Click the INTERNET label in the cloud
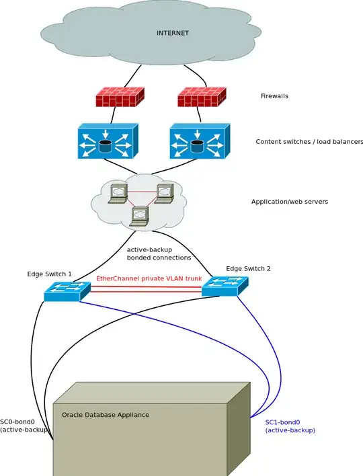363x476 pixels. click(173, 32)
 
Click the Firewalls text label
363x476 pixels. click(274, 96)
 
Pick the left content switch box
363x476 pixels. click(108, 141)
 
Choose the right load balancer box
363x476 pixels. click(200, 141)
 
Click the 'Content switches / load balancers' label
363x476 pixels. click(309, 142)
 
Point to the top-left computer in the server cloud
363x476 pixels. click(119, 192)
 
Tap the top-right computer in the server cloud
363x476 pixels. click(164, 192)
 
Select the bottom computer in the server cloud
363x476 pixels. click(139, 215)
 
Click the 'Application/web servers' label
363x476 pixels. click(289, 202)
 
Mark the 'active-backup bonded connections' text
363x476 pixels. click(159, 253)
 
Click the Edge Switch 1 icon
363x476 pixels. click(67, 290)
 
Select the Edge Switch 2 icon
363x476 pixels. click(225, 286)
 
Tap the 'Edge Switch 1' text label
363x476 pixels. click(49, 274)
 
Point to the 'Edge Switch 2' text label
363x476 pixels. click(248, 268)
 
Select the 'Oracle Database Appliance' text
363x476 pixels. click(106, 415)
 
